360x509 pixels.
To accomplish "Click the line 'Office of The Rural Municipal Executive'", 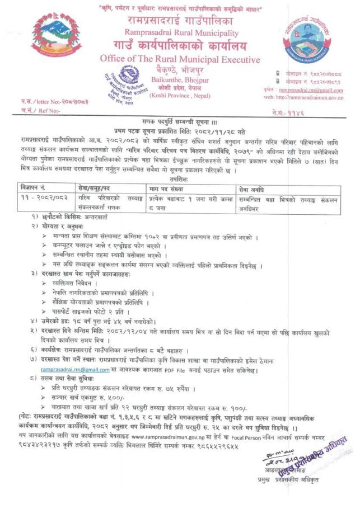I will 179,60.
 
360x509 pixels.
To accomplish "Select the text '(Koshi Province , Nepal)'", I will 177,96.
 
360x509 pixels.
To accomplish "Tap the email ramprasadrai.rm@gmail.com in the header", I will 312,90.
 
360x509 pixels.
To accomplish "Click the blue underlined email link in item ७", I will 75,369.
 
